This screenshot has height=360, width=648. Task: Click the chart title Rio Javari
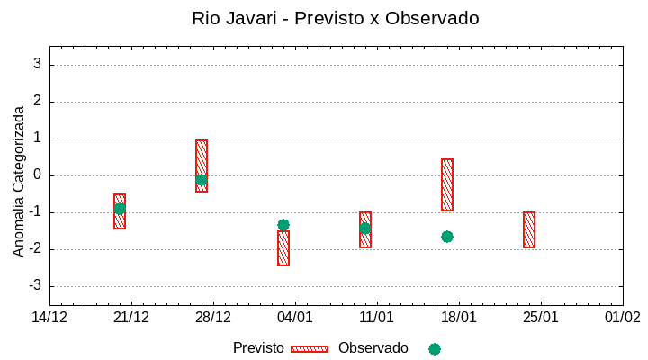(335, 18)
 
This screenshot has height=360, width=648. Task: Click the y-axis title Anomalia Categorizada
(19, 181)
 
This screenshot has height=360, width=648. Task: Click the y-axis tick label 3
(38, 65)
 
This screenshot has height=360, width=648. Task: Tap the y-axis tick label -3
(35, 286)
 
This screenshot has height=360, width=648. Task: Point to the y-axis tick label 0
(38, 175)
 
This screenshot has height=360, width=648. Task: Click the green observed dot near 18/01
(447, 237)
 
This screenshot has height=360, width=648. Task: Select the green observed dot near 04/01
(283, 225)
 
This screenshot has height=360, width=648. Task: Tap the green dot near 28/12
(202, 180)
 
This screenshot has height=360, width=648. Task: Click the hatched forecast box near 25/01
(529, 229)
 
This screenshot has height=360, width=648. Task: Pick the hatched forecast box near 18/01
(447, 184)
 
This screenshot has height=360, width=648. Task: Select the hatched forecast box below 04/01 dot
(283, 248)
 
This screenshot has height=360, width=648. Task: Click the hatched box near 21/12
(120, 211)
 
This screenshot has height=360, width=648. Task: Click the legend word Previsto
(258, 348)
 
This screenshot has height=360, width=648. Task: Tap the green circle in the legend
(435, 349)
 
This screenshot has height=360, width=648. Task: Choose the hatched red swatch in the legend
(310, 349)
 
